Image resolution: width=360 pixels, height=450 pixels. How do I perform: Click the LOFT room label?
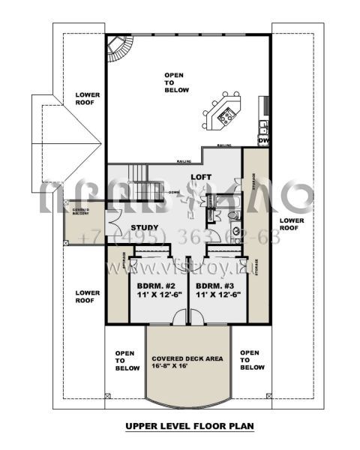coord(199,177)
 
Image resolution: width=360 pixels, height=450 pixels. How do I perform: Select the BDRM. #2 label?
coord(154,286)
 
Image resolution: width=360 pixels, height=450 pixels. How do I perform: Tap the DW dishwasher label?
coord(263,140)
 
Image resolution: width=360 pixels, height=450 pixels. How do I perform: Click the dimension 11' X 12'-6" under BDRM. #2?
coord(154,295)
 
